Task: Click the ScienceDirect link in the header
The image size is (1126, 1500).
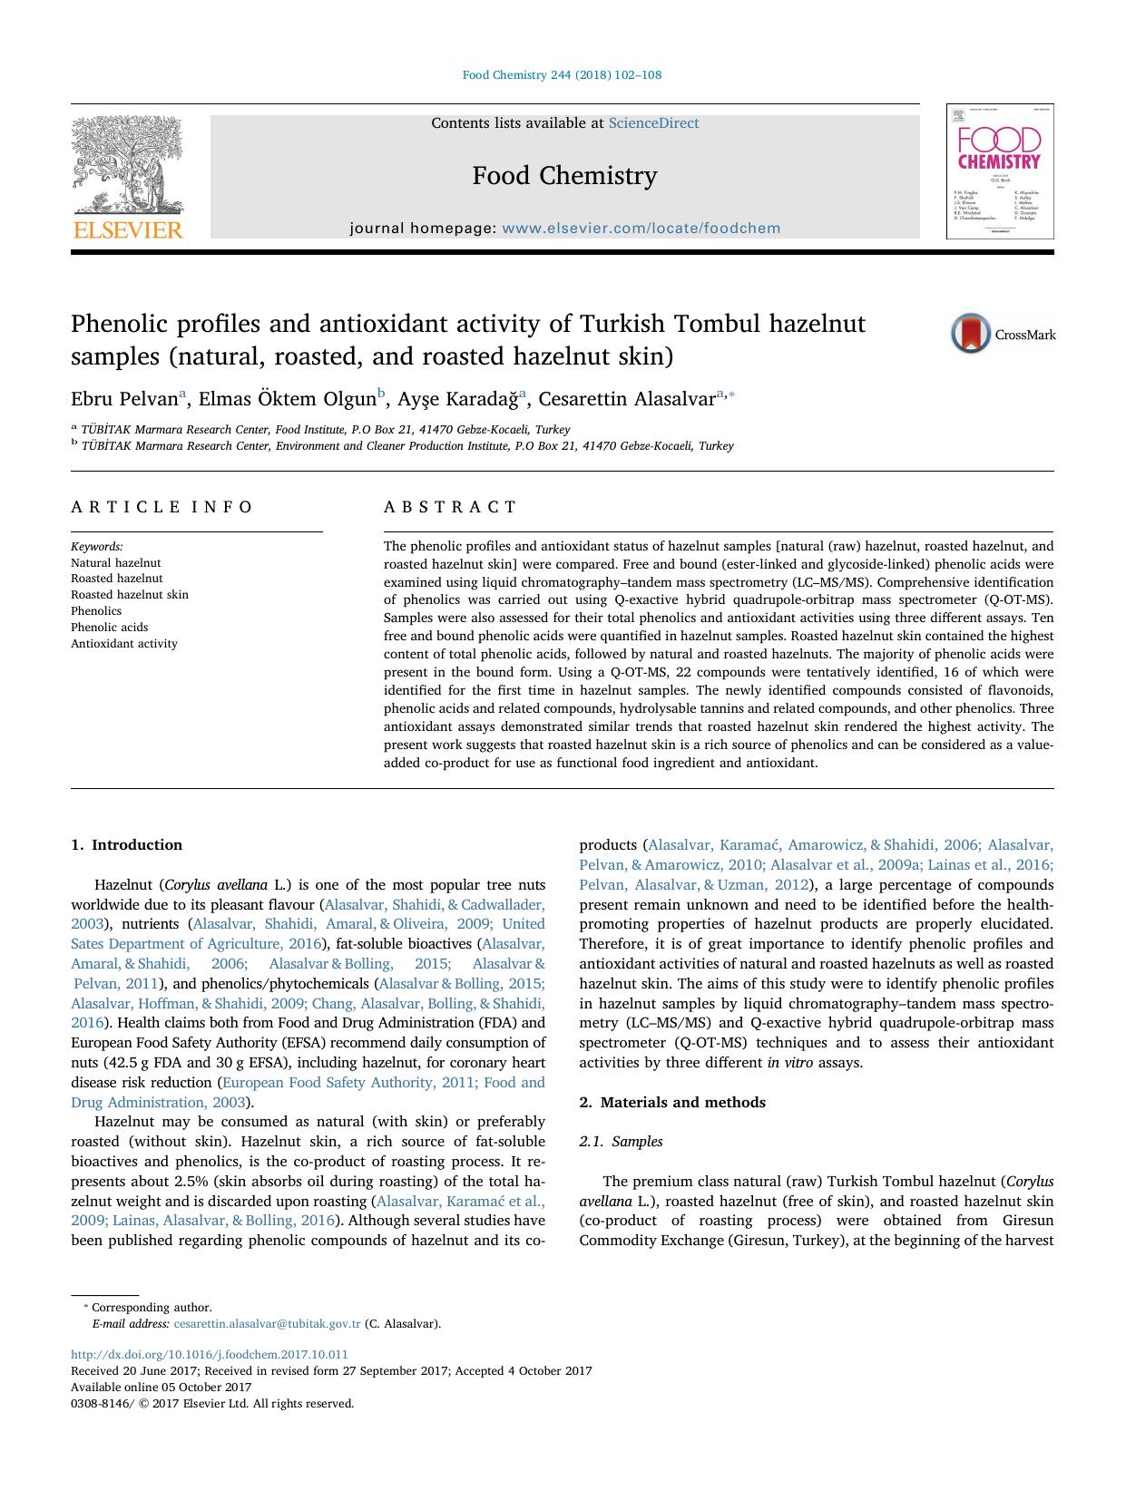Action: pyautogui.click(x=653, y=123)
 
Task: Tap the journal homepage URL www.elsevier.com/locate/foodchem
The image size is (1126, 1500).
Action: pyautogui.click(x=641, y=229)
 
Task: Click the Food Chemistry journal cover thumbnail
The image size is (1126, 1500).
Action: pyautogui.click(x=999, y=171)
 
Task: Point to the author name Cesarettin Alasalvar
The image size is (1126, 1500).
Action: pyautogui.click(x=627, y=399)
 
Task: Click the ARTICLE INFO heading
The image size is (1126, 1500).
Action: pyautogui.click(x=162, y=507)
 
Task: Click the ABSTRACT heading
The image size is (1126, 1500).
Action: pyautogui.click(x=450, y=507)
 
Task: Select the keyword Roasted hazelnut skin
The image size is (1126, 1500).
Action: pyautogui.click(x=130, y=595)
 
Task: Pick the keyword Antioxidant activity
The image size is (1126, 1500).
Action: pyautogui.click(x=124, y=644)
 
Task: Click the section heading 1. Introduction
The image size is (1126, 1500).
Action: pyautogui.click(x=126, y=845)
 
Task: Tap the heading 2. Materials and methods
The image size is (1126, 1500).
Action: pyautogui.click(x=672, y=1103)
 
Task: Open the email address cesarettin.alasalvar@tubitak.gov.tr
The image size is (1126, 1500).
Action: pyautogui.click(x=267, y=1324)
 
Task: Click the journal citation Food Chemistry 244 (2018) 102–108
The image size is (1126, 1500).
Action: pyautogui.click(x=562, y=75)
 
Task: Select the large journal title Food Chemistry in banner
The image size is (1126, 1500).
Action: pyautogui.click(x=564, y=175)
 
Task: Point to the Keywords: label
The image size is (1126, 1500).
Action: pyautogui.click(x=97, y=547)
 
